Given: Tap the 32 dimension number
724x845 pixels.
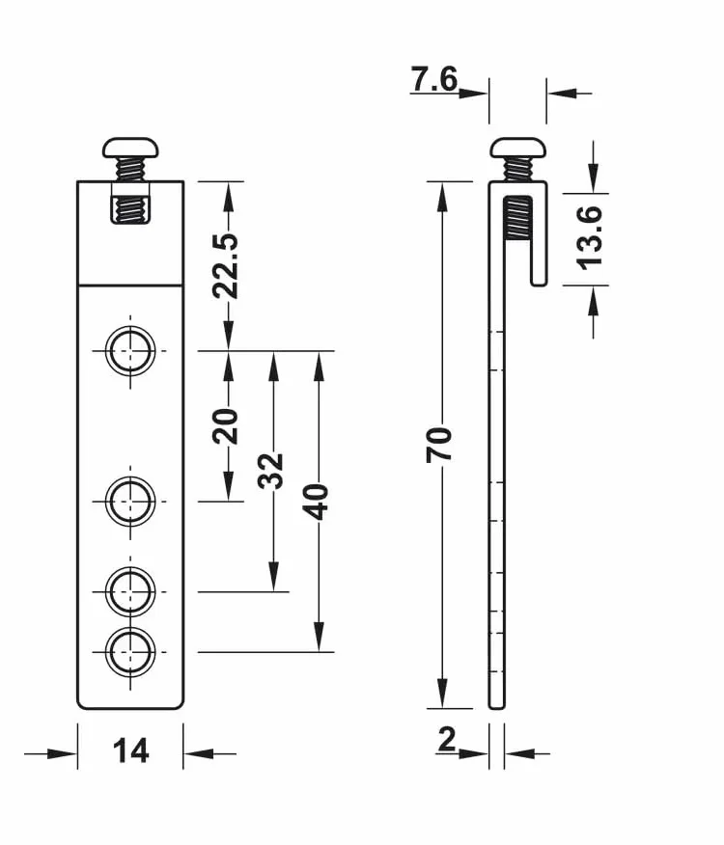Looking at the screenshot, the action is click(271, 471).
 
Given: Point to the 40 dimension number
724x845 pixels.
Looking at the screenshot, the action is click(316, 502).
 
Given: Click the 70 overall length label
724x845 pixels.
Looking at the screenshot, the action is click(439, 445).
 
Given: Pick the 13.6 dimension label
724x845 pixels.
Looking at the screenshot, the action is click(589, 237).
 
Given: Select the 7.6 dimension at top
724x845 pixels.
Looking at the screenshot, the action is click(434, 79).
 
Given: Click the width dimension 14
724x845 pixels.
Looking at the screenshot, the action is click(130, 750).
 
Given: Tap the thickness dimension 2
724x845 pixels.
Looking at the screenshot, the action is click(447, 739).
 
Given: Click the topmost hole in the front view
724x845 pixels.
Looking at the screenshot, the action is click(130, 351).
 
